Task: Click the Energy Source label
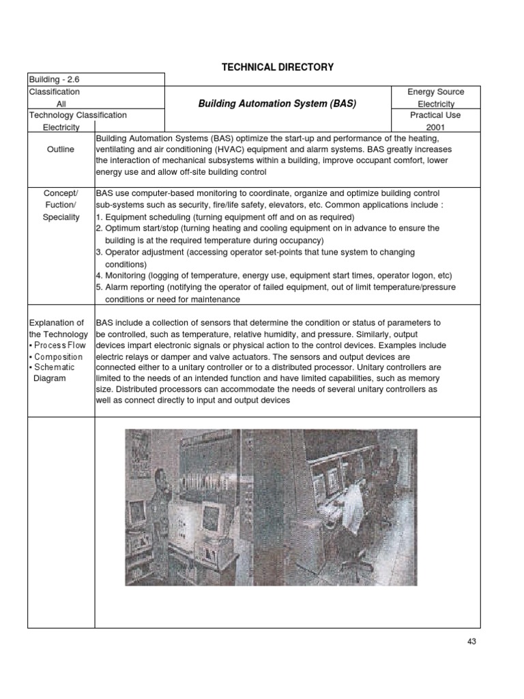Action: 435,92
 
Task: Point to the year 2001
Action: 435,127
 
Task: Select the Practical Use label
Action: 435,115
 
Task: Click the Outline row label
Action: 61,149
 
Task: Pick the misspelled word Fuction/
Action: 61,205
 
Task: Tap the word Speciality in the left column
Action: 61,217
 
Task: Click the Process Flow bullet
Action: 59,345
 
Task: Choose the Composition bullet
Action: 57,357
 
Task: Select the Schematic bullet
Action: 55,368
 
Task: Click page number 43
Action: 472,641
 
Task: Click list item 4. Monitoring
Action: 273,275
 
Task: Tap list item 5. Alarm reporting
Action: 273,287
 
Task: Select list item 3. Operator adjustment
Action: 256,252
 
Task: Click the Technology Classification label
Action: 77,115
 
